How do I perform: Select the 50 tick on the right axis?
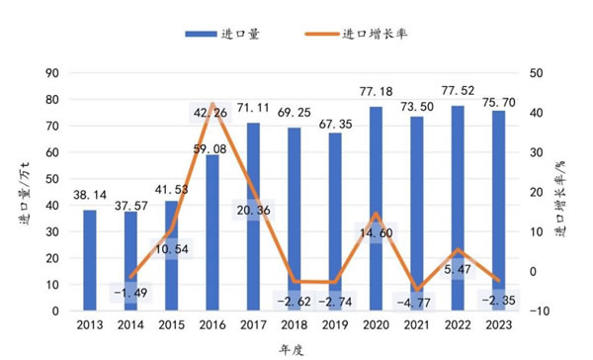tap(536, 72)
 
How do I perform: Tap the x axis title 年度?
tap(295, 348)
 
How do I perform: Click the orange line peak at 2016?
tap(213, 103)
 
